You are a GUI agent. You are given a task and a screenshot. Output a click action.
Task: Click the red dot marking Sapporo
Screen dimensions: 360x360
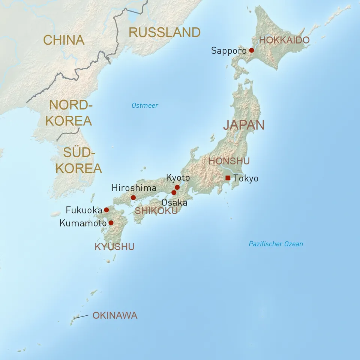[252, 50]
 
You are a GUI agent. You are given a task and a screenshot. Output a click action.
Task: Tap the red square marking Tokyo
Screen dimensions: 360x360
[228, 178]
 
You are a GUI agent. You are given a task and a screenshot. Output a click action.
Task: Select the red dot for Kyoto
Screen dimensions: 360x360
[177, 187]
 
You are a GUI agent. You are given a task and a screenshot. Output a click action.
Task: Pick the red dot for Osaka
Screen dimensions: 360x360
[174, 193]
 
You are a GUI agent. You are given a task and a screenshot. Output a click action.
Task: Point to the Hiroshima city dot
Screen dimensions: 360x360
[133, 198]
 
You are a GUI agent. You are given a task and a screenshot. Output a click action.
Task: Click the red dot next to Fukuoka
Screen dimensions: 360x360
[106, 210]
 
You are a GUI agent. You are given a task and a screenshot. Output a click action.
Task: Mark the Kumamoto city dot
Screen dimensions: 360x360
[111, 223]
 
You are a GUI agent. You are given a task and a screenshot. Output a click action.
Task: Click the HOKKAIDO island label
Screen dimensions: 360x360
[285, 40]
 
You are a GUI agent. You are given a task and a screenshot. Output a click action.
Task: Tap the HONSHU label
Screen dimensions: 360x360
[229, 161]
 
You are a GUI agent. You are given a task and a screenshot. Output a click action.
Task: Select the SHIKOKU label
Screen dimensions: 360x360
[156, 211]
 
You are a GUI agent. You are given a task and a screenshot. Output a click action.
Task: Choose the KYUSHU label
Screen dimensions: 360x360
[114, 247]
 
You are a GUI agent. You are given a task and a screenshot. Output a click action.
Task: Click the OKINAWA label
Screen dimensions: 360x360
[115, 316]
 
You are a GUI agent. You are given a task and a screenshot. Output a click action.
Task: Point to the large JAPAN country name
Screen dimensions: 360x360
[244, 125]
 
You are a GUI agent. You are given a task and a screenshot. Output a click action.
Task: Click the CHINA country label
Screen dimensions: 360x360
[64, 40]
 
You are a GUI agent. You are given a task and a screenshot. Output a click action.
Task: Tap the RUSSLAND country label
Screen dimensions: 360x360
[165, 33]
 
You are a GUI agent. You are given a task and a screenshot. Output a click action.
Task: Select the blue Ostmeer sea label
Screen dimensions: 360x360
[145, 106]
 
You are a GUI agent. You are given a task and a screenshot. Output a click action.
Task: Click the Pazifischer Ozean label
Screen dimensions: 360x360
[276, 244]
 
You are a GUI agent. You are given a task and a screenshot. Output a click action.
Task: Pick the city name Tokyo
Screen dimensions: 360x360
[246, 178]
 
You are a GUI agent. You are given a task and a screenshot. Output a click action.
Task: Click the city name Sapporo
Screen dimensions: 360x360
[229, 51]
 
